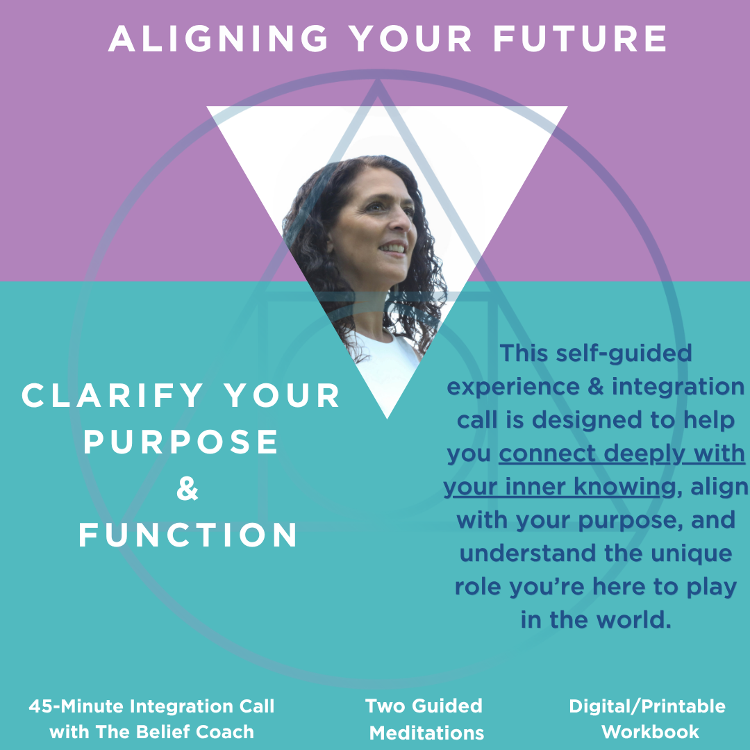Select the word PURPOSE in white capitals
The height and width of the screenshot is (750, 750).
click(181, 442)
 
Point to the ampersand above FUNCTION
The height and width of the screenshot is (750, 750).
click(187, 490)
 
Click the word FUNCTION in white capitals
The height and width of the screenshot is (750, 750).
click(188, 536)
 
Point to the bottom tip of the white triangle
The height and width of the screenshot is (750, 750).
click(387, 417)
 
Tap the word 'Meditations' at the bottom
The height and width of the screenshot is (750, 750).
click(426, 733)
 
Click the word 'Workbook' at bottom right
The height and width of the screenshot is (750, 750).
click(650, 732)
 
